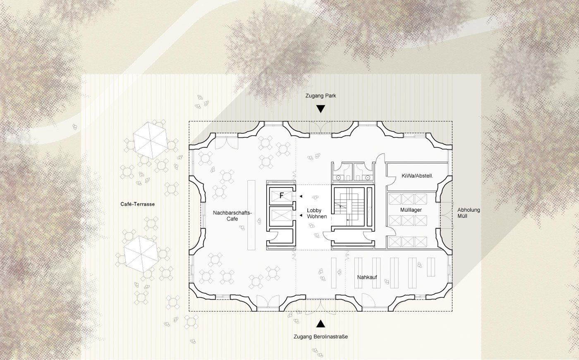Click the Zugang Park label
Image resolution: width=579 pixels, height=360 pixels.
(x=321, y=96)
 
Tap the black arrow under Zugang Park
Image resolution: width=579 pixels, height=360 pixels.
(x=321, y=109)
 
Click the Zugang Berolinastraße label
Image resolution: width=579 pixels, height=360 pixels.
(x=321, y=337)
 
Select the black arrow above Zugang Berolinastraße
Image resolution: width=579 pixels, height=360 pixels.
(x=321, y=324)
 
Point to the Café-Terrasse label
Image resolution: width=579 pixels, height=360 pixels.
(x=137, y=204)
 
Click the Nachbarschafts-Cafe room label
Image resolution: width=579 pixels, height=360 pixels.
(x=232, y=216)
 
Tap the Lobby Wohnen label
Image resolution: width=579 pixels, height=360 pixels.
(x=317, y=214)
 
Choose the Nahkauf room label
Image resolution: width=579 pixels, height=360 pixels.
(x=367, y=277)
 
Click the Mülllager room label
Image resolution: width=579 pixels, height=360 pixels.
(x=411, y=210)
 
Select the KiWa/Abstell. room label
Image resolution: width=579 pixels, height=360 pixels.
(x=417, y=176)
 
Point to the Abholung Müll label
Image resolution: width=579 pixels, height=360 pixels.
(x=469, y=213)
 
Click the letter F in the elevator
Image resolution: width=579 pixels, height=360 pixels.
(x=282, y=195)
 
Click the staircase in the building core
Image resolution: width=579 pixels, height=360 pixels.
(x=349, y=208)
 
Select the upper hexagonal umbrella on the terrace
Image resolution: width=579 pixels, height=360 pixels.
(x=151, y=140)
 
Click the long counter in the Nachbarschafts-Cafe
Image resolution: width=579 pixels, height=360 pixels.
(x=251, y=215)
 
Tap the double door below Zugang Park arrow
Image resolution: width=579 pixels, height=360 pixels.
(x=321, y=128)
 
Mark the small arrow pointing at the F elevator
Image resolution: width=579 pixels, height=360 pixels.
(x=301, y=197)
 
